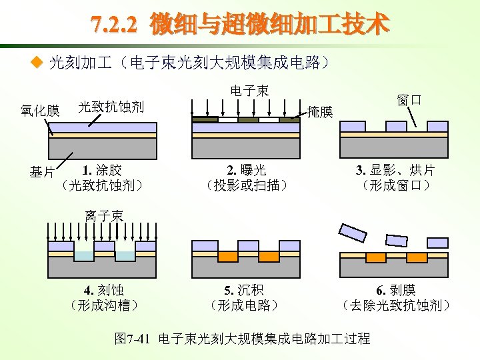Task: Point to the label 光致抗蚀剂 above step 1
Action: point(111,106)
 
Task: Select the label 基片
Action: point(42,173)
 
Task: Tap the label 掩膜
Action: point(320,112)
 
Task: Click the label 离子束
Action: point(103,215)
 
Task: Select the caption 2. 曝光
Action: point(246,169)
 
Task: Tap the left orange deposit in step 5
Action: point(228,257)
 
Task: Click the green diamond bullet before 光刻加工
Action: point(37,64)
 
